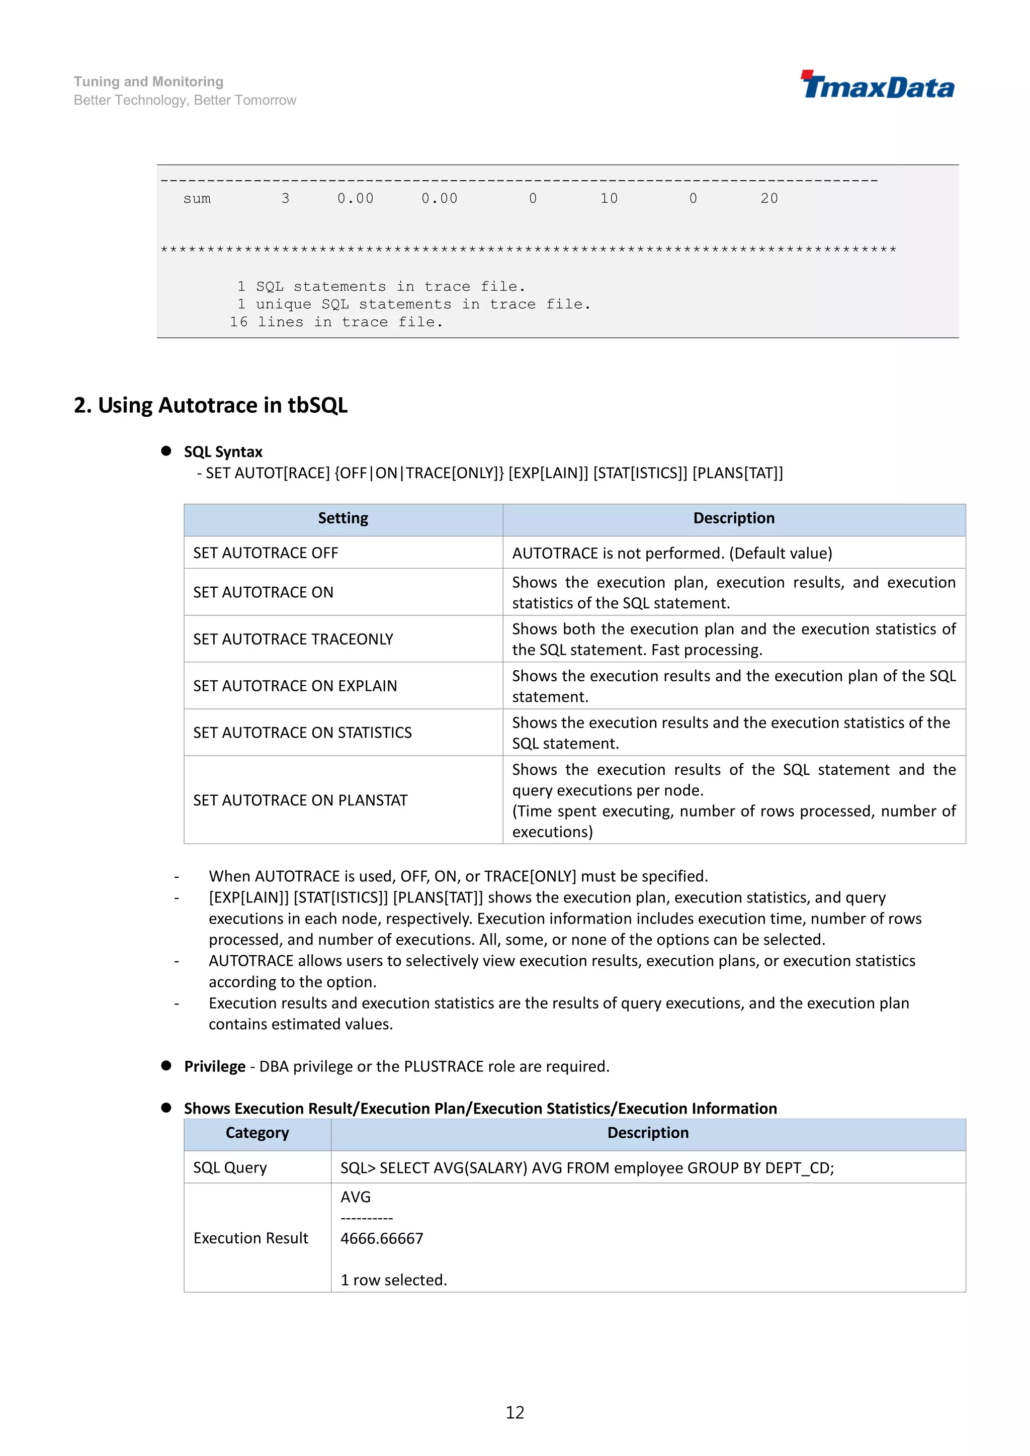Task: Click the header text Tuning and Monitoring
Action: (148, 82)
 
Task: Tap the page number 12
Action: (514, 1412)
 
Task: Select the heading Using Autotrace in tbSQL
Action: (211, 405)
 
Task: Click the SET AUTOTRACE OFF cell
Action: (266, 553)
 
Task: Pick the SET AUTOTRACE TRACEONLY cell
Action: (293, 639)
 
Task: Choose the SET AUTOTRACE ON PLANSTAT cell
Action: (300, 800)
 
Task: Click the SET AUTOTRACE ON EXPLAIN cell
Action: (295, 686)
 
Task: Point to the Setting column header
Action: (342, 519)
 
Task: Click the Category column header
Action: (257, 1133)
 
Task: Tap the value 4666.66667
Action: (382, 1238)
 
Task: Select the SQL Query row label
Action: (230, 1168)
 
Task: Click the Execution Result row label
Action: (250, 1238)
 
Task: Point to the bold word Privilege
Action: (214, 1067)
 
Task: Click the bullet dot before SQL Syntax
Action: (166, 451)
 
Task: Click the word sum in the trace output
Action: (197, 199)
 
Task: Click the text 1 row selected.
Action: (393, 1281)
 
